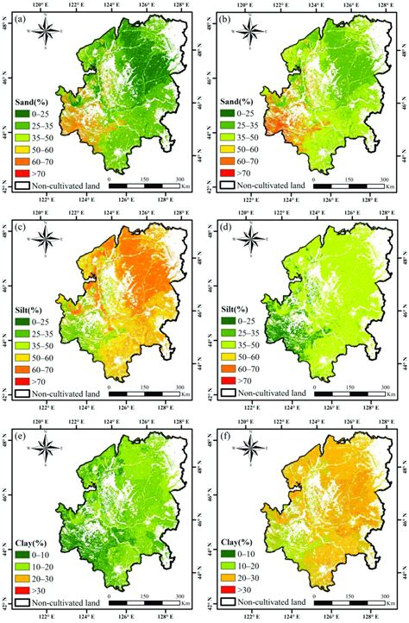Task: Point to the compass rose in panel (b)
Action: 250,33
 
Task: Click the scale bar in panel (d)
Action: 350,393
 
